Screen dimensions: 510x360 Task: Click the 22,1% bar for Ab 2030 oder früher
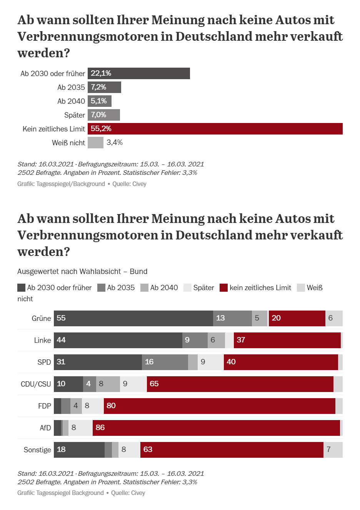click(x=138, y=73)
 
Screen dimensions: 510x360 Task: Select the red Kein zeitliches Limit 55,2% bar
click(x=215, y=129)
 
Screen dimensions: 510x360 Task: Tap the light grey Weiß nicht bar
click(x=95, y=143)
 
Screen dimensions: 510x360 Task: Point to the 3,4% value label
click(x=115, y=143)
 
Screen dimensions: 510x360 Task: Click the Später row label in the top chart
click(x=75, y=115)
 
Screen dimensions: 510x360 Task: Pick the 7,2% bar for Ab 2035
click(x=104, y=87)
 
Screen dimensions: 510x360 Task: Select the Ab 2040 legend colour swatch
click(x=144, y=288)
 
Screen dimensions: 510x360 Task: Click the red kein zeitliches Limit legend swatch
click(x=223, y=288)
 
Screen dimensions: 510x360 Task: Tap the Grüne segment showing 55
click(x=133, y=318)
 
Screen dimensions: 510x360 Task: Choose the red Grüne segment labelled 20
click(x=297, y=318)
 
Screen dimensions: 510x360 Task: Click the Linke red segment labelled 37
click(x=287, y=340)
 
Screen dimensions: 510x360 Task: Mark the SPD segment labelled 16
click(x=165, y=362)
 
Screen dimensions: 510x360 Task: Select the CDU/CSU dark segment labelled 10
click(x=68, y=384)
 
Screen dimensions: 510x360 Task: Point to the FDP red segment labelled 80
click(x=219, y=406)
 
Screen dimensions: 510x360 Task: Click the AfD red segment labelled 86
click(x=216, y=428)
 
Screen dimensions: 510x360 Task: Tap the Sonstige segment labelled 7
click(x=333, y=450)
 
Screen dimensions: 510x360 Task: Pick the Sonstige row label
click(x=37, y=450)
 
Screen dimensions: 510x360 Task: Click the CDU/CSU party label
click(x=36, y=384)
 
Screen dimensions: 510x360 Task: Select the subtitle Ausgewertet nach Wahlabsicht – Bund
click(x=82, y=271)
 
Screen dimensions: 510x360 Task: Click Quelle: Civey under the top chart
click(x=129, y=184)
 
